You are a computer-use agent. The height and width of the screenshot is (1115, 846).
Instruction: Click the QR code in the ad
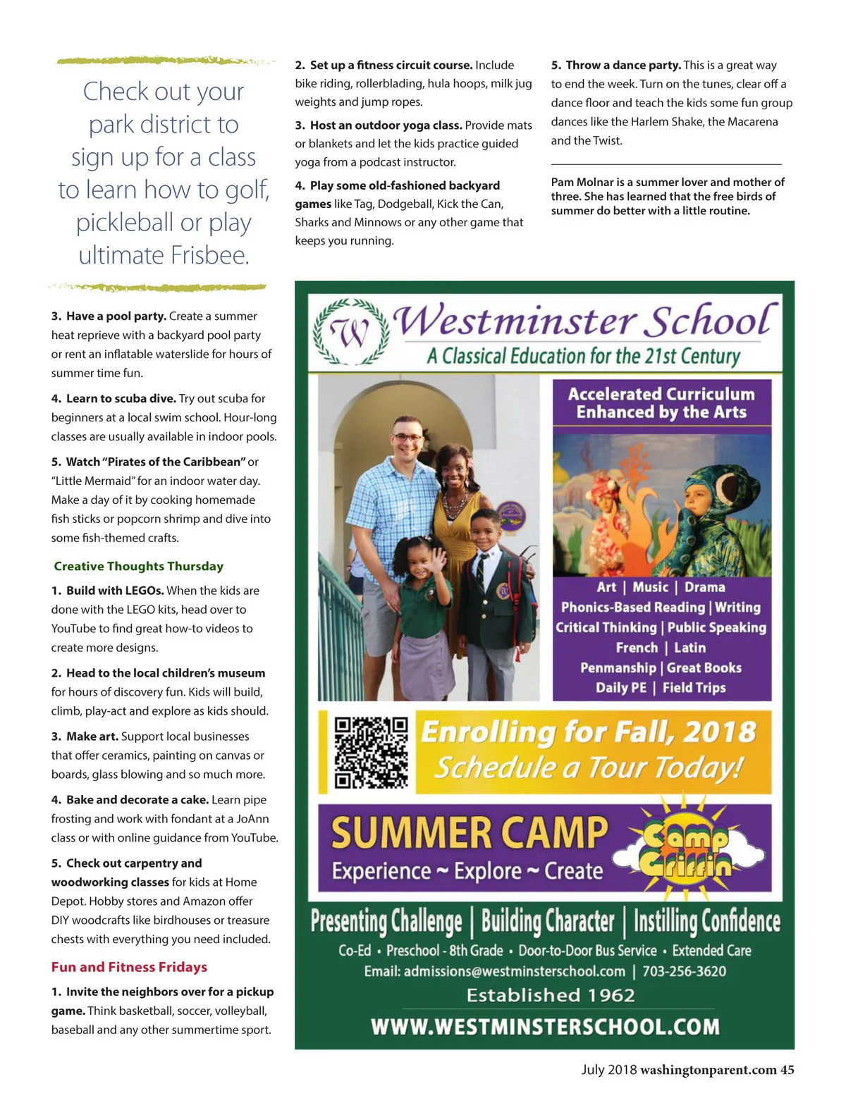pos(371,752)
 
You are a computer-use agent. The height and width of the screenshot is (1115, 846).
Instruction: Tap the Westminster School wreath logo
pos(350,332)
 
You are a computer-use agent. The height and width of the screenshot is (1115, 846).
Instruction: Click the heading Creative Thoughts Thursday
pos(138,566)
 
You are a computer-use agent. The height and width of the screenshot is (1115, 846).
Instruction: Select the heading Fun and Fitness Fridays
pos(129,967)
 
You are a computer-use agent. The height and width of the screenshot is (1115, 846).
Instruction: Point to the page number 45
pos(787,1070)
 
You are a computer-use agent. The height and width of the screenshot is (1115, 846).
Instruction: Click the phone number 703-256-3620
pos(684,971)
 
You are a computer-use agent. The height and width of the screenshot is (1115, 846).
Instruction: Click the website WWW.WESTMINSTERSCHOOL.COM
pos(545,1026)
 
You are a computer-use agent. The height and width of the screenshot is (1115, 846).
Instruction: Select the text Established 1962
pos(551,995)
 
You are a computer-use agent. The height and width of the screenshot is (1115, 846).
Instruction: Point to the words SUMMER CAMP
pos(469,833)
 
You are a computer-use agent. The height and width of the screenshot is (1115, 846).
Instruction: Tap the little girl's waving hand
pos(437,562)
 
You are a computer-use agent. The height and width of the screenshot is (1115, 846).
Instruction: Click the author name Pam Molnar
pos(582,182)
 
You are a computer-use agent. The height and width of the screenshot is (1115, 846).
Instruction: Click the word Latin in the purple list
pos(689,648)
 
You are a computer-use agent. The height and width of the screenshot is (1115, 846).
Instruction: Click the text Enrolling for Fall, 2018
pos(589,732)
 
